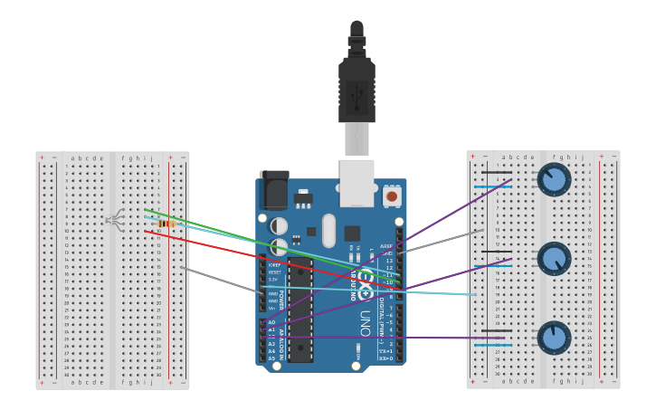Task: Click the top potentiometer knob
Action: point(554,179)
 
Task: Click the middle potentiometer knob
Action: point(554,259)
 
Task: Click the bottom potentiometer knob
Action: point(554,338)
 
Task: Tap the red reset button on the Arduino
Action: point(392,195)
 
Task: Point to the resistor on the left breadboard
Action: point(166,224)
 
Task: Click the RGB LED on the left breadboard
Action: point(115,218)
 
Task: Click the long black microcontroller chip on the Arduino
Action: point(299,309)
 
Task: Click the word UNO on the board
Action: point(365,321)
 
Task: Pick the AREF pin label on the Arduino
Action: point(386,245)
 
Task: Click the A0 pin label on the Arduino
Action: point(271,322)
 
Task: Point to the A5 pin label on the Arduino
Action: point(271,358)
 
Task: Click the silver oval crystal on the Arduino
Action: point(328,230)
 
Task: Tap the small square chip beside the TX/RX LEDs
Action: point(352,233)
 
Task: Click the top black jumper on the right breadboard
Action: point(496,173)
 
